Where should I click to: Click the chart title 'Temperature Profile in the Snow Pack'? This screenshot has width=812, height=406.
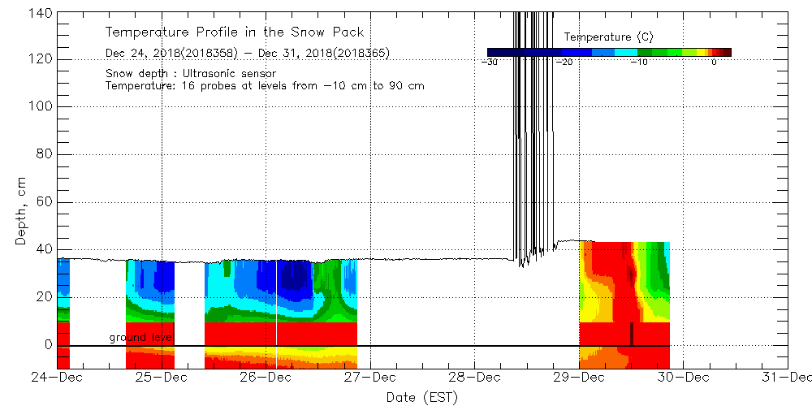[x=235, y=32]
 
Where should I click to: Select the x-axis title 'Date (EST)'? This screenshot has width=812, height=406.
[x=421, y=397]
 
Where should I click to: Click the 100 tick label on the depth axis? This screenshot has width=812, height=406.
[x=41, y=106]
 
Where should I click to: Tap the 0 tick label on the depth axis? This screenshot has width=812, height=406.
[x=48, y=345]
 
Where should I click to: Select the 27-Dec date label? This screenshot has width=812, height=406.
[x=370, y=377]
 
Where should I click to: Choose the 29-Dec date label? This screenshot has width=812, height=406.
[x=579, y=377]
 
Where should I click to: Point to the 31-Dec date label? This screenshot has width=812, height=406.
[x=788, y=377]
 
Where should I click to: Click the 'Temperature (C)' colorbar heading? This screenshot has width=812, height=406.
[x=608, y=37]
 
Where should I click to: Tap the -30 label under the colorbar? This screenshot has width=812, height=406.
[x=490, y=63]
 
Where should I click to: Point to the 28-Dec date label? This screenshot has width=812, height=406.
[x=474, y=377]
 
